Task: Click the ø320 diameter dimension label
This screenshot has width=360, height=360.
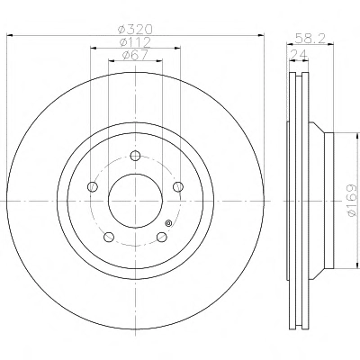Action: coord(135,30)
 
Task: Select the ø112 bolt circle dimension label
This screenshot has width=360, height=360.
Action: coord(135,42)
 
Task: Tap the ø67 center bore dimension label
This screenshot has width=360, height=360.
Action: coord(135,55)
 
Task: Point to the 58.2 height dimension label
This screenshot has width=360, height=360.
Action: coord(310,39)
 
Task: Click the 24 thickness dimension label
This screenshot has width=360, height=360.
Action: coord(299,55)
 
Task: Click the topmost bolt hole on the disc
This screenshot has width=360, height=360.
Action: coord(135,156)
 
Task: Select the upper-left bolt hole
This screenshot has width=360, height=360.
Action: coord(93,186)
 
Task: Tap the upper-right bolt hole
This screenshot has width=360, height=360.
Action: coord(178,186)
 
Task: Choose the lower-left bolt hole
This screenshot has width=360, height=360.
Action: coord(109,237)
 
